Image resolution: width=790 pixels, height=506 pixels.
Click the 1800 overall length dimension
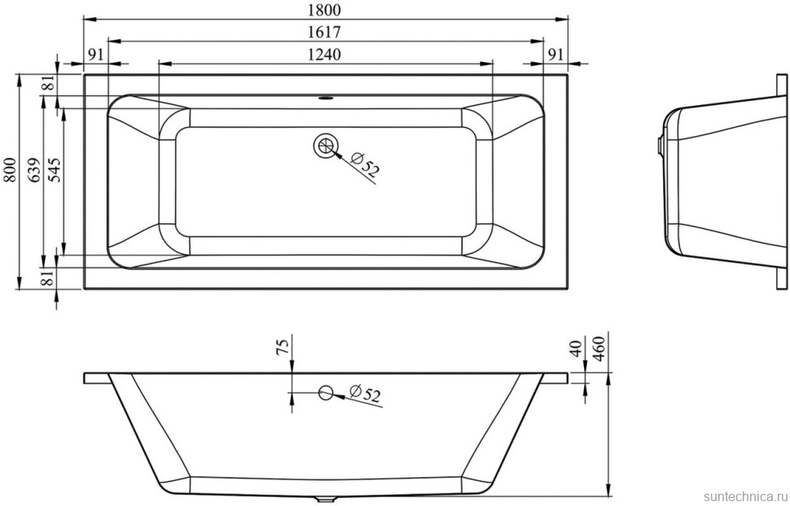(326, 10)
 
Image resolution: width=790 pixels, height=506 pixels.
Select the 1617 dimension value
(325, 32)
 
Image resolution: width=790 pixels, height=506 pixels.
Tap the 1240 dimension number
(324, 54)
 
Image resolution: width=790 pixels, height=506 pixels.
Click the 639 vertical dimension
(33, 170)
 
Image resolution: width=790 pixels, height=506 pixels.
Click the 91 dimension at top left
(96, 54)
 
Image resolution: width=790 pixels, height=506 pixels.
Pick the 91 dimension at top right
(555, 54)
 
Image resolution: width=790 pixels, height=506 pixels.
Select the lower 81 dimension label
(48, 277)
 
